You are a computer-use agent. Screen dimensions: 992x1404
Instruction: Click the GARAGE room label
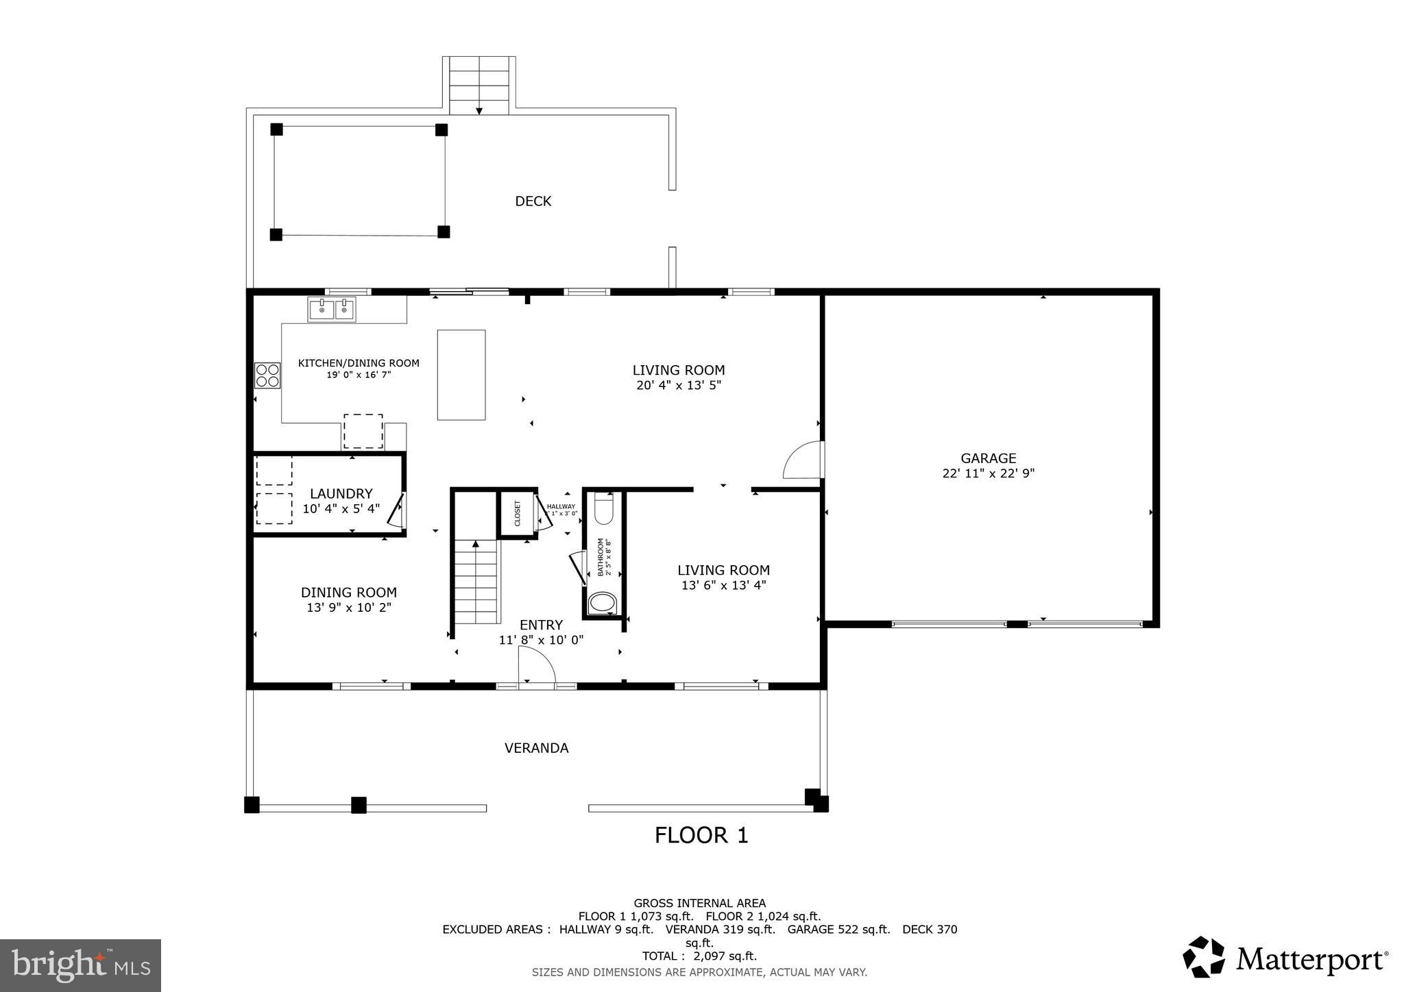click(988, 458)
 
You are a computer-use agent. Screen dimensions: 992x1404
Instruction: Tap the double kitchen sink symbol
click(332, 309)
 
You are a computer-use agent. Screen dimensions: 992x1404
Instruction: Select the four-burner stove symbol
click(267, 375)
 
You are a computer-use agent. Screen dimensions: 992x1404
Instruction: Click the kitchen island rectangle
click(461, 375)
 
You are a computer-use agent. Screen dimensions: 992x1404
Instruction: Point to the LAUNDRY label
click(341, 493)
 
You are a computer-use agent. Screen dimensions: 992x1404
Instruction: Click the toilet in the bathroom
click(604, 508)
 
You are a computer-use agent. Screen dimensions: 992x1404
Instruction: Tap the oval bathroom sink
click(603, 604)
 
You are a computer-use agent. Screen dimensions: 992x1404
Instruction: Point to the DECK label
click(533, 201)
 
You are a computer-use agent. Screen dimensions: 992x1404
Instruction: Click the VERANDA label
click(536, 748)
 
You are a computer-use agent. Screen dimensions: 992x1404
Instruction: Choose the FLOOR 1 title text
click(701, 835)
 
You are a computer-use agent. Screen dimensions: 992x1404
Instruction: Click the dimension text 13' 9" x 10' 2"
click(349, 608)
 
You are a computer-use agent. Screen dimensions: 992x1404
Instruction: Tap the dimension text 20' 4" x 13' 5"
click(678, 386)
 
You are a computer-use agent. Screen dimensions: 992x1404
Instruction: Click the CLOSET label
click(518, 514)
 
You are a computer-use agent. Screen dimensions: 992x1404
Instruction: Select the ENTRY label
click(541, 625)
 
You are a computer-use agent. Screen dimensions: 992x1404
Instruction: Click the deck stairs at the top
click(479, 86)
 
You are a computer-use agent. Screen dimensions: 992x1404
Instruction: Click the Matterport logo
click(1285, 958)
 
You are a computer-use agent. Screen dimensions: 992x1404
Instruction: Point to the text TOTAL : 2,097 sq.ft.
click(699, 956)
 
